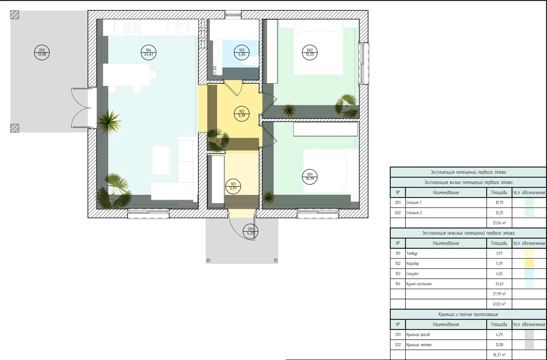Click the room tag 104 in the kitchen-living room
coord(149,52)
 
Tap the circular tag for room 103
coord(242,52)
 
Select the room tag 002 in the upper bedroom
coord(309,52)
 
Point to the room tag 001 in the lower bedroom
coord(309,177)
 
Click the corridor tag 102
coord(242,114)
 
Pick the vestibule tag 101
coord(233,186)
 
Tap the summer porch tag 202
coord(42,52)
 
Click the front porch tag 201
coord(251,231)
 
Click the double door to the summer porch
coord(81,108)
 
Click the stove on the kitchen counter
coord(132,27)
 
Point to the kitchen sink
coord(178,27)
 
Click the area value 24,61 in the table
coord(499,284)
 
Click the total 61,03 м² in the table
coord(499,304)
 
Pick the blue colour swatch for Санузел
coord(529,274)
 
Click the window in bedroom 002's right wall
coord(363,63)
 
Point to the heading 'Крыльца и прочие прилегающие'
coord(468,314)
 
